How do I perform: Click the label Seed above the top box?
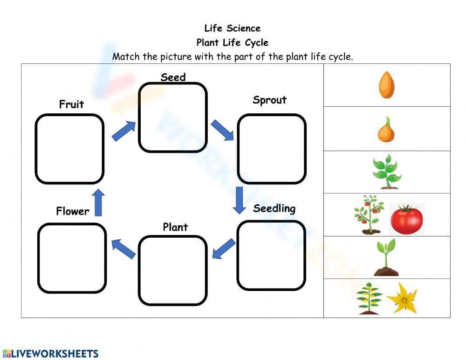[x=173, y=77]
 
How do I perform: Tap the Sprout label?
[x=269, y=100]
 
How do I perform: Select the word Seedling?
[x=274, y=208]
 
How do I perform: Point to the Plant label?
[x=175, y=227]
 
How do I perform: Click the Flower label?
[x=72, y=211]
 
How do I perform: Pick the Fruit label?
[x=71, y=104]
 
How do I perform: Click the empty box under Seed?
[x=173, y=118]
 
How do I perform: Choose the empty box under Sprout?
[x=272, y=149]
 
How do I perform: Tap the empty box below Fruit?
[x=69, y=149]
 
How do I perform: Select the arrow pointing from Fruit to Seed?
[x=123, y=131]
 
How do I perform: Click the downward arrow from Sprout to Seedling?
[x=240, y=200]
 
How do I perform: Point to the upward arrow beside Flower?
[x=98, y=202]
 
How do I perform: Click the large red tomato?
[x=406, y=219]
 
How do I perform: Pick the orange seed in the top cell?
[x=387, y=84]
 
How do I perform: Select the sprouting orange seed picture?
[x=386, y=129]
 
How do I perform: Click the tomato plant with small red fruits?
[x=369, y=215]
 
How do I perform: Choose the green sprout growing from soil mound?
[x=386, y=258]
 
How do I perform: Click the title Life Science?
[x=232, y=28]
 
